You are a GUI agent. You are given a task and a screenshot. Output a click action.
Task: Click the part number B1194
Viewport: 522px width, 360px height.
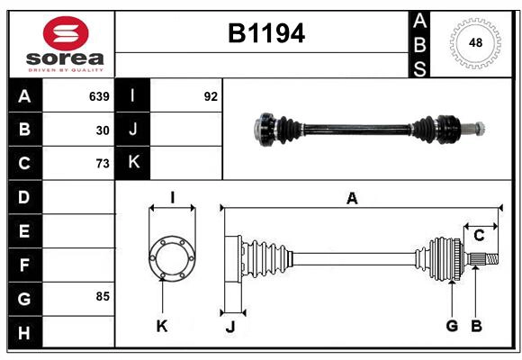coord(265,34)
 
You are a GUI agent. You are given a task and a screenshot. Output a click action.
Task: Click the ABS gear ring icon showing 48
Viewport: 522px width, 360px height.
coord(473,43)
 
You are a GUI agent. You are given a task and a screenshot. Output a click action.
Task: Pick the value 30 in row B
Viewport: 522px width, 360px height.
coord(103,130)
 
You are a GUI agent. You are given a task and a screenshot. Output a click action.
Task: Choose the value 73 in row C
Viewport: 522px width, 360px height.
coord(103,164)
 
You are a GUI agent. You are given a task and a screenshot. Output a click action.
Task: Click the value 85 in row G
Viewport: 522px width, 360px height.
coord(103,296)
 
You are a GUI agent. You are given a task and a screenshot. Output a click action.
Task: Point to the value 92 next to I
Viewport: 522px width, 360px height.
coord(211,96)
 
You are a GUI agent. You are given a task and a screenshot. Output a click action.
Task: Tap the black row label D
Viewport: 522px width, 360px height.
coord(24,197)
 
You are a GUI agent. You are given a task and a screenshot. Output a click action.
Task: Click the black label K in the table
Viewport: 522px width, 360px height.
coord(132,163)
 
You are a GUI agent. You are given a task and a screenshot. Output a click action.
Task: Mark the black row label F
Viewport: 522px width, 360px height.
coord(24,265)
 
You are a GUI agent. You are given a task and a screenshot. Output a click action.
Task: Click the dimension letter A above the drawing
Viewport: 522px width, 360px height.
coord(352,199)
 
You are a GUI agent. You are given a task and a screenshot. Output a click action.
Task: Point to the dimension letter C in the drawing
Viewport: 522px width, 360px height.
coord(479,236)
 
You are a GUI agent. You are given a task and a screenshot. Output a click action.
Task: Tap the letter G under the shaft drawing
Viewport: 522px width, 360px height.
coord(452,325)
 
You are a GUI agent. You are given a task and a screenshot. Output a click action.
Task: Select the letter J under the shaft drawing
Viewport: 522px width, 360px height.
coord(229,327)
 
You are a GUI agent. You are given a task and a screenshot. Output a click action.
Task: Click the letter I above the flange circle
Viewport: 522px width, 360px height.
coord(171,198)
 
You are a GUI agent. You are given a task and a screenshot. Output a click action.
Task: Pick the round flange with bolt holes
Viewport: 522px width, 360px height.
coord(171,258)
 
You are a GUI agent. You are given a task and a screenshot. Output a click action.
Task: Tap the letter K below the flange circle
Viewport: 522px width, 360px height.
coord(162,326)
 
